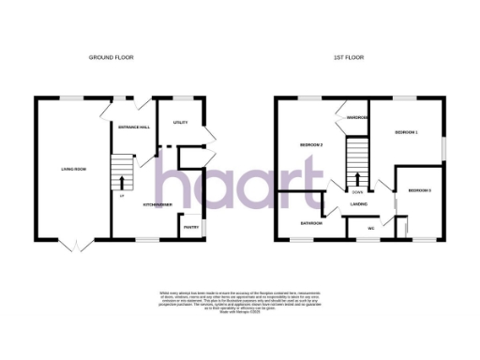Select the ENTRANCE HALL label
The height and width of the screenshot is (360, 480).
(x=127, y=126)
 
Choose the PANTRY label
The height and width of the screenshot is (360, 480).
(x=189, y=226)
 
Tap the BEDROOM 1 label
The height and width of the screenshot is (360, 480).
(x=406, y=132)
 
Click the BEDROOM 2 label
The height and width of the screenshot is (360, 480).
(x=311, y=145)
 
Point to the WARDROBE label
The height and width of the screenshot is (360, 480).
(x=357, y=118)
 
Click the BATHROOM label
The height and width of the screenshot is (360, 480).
(x=311, y=223)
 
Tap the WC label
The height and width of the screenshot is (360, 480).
(x=371, y=228)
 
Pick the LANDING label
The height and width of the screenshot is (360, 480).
(x=358, y=202)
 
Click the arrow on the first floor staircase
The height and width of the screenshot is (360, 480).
(x=357, y=178)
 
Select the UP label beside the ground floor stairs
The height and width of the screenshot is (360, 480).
(x=120, y=196)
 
